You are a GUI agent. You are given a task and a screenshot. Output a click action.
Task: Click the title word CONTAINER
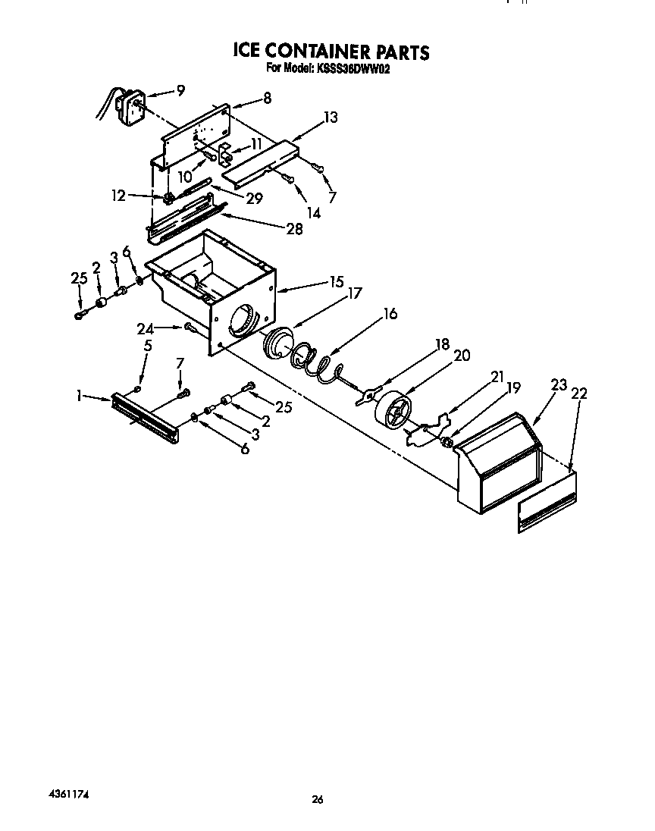(x=319, y=52)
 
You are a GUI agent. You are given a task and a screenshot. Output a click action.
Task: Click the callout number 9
(x=180, y=90)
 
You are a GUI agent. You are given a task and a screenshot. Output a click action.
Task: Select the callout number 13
(x=330, y=118)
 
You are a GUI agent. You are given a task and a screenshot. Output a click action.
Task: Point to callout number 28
(x=294, y=229)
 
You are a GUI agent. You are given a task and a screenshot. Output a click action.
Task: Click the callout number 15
(x=336, y=282)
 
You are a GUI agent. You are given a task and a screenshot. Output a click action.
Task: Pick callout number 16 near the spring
(x=390, y=312)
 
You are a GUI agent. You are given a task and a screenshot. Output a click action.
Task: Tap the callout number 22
(x=581, y=394)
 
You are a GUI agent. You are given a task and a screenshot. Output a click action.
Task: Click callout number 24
(x=146, y=328)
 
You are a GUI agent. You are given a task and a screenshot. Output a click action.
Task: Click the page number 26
(x=318, y=799)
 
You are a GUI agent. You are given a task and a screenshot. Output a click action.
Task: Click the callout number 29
(x=254, y=199)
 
